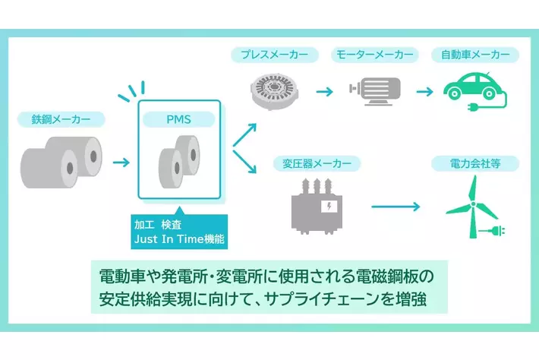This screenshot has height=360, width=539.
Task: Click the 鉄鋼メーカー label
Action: [x=61, y=118]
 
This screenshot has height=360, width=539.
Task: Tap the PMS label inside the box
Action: [x=179, y=118]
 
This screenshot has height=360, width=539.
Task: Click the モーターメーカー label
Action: [x=374, y=55]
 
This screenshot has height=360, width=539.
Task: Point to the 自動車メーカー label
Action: [x=474, y=55]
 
